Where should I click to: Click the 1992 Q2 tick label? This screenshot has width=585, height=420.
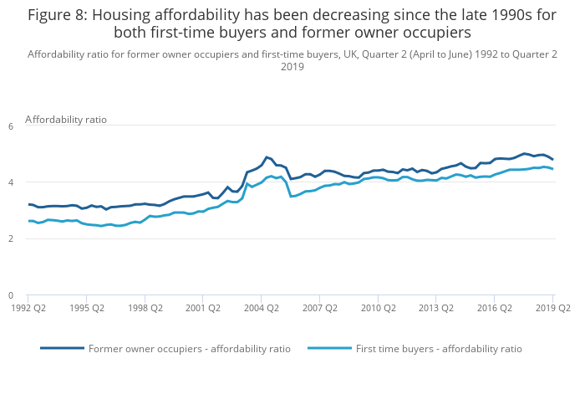click(28, 308)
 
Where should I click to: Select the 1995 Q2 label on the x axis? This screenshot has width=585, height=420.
click(87, 308)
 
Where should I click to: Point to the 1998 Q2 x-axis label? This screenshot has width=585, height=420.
click(145, 308)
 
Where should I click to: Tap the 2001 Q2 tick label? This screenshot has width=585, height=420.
click(203, 308)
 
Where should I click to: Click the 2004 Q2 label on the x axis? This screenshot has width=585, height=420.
click(261, 308)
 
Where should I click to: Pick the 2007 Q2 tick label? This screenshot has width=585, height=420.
click(319, 308)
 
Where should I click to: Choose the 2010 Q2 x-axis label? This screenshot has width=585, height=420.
click(378, 308)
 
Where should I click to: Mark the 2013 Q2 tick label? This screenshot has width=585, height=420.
click(436, 308)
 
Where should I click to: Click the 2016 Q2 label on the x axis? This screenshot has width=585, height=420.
click(494, 308)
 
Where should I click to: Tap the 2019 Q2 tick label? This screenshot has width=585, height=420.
click(552, 308)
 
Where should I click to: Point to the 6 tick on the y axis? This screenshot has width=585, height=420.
click(11, 126)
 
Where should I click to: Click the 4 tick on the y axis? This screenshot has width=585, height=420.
click(11, 182)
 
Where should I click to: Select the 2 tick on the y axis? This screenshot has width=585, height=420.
click(11, 239)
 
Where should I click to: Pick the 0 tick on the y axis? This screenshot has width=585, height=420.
click(11, 295)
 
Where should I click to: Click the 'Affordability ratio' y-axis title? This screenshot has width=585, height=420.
click(66, 120)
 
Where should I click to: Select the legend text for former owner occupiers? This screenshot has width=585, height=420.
click(190, 349)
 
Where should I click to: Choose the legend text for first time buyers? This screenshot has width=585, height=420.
click(439, 349)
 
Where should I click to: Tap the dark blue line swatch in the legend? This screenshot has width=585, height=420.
click(63, 348)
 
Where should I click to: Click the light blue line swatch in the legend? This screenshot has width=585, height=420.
click(330, 348)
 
